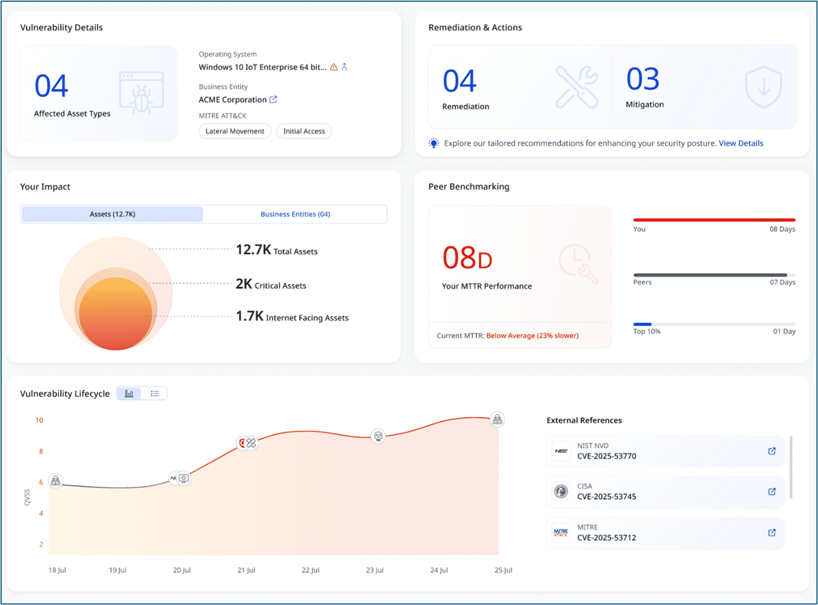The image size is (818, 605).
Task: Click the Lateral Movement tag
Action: click(235, 131)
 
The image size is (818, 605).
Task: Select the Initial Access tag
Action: click(304, 131)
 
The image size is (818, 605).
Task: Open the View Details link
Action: click(741, 143)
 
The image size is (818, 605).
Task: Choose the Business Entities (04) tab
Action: click(295, 214)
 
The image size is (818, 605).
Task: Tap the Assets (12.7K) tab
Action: click(112, 214)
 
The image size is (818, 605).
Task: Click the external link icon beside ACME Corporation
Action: click(273, 99)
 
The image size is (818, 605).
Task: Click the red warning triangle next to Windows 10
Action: click(334, 67)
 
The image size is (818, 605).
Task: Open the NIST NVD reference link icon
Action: click(772, 451)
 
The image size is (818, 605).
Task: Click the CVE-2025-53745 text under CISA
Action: click(606, 497)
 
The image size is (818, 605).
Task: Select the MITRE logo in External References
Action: click(561, 533)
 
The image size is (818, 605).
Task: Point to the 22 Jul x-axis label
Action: click(311, 570)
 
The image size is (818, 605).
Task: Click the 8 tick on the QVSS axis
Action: click(41, 451)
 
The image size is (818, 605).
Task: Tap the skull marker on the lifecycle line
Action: click(378, 436)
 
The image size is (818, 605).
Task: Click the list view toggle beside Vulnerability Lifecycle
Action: click(155, 393)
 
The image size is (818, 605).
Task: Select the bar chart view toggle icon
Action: click(129, 393)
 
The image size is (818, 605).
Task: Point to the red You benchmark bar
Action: click(714, 220)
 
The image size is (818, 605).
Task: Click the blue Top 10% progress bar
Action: click(642, 324)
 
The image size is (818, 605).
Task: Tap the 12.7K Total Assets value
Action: click(253, 250)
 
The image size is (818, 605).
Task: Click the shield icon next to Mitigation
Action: click(764, 87)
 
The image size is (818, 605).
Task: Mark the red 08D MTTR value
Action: click(467, 258)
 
